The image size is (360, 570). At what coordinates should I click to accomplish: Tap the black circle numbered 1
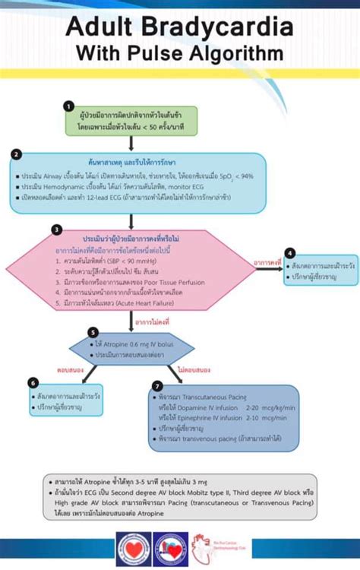(x=68, y=106)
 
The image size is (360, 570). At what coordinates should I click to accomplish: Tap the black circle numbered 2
(x=16, y=154)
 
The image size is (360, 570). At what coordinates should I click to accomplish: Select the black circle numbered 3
(x=56, y=229)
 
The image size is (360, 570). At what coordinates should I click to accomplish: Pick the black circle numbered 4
(x=290, y=252)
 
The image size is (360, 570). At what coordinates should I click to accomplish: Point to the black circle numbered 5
(x=93, y=332)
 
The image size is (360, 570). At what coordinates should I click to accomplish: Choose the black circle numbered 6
(x=32, y=382)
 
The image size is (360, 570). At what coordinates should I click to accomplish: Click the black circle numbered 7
(x=157, y=385)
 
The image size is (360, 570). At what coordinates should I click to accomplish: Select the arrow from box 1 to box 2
(x=131, y=142)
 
